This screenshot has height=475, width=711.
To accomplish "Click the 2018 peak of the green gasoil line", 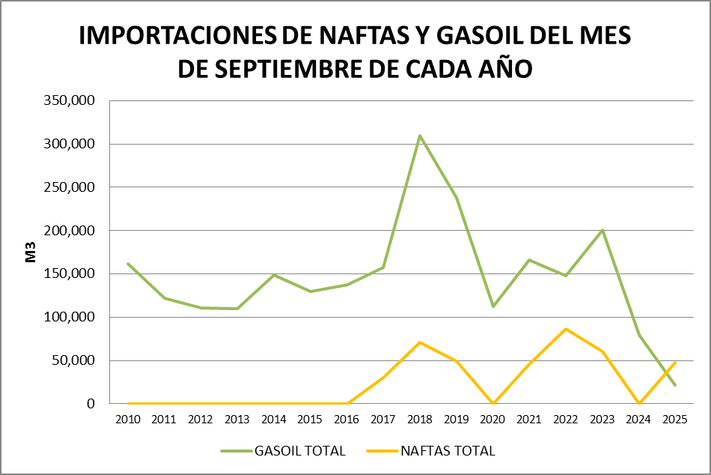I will click(420, 136).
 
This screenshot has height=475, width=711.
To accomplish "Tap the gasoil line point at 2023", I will click(602, 230).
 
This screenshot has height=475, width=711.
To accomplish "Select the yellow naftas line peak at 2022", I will click(566, 329).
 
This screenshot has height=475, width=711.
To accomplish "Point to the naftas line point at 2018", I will click(420, 342).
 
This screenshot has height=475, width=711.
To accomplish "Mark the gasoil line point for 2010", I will click(127, 264).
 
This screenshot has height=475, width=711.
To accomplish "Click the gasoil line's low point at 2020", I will click(493, 306).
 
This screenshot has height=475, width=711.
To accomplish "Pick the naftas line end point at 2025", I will click(676, 363).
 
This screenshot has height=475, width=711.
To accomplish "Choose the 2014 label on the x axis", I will click(274, 418).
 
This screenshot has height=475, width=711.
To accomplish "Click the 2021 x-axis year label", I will click(530, 418).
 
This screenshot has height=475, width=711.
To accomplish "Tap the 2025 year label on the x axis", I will click(676, 418).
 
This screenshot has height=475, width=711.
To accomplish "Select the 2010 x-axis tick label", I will click(127, 418).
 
